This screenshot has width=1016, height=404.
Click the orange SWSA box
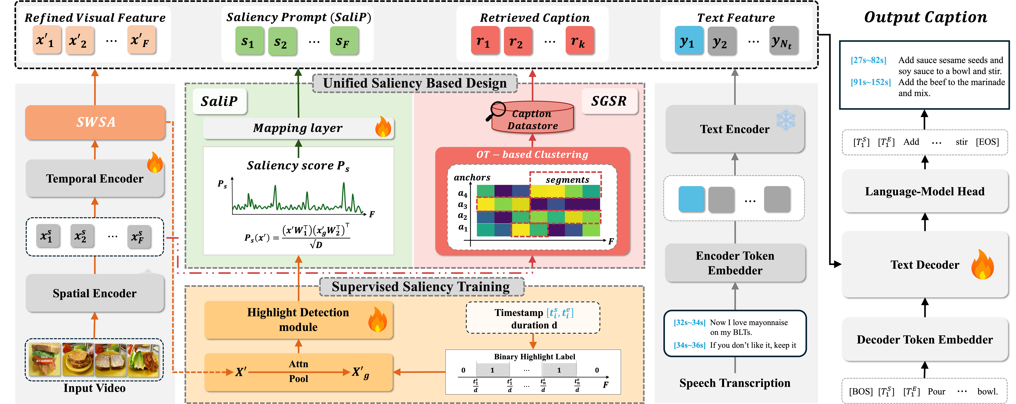pyautogui.click(x=95, y=122)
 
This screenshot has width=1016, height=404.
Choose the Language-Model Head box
pyautogui.click(x=925, y=191)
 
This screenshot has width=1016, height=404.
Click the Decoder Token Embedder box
pyautogui.click(x=925, y=339)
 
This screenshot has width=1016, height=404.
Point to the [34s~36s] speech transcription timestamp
pyautogui.click(x=689, y=345)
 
